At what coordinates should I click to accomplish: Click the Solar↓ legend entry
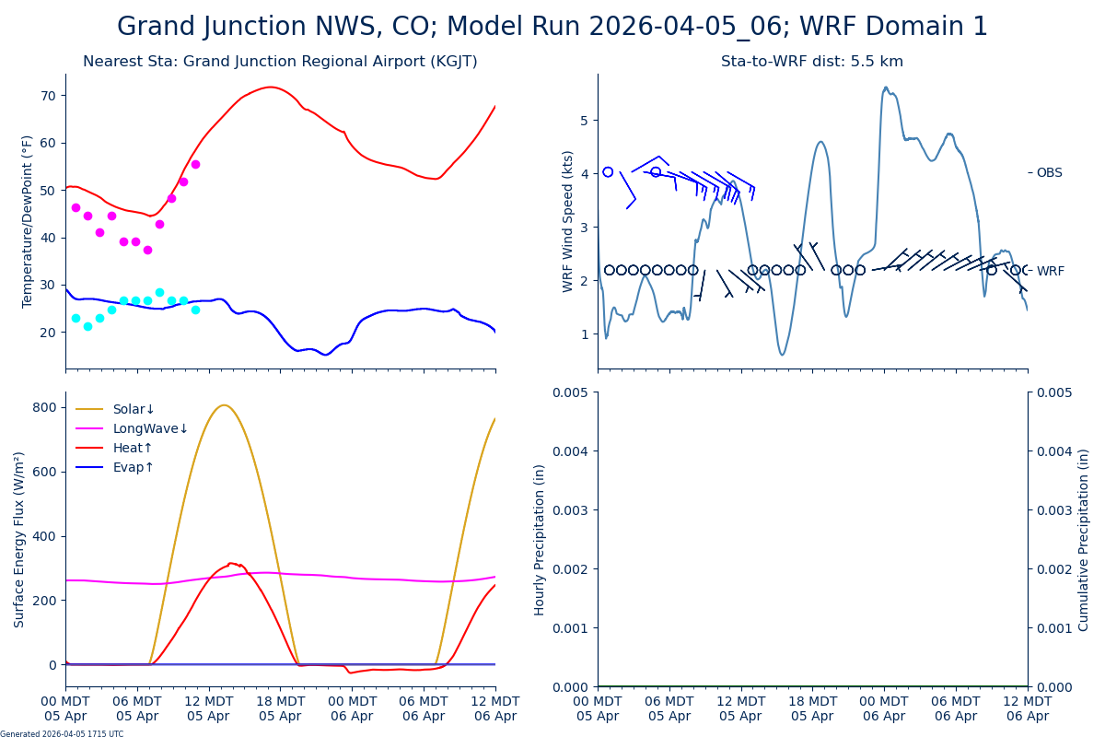(x=134, y=409)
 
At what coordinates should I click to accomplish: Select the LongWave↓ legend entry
(x=150, y=428)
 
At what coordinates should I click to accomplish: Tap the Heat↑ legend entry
(x=133, y=448)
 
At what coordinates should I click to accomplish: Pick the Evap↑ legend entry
(x=134, y=467)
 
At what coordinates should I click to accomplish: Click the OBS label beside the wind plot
(x=1049, y=172)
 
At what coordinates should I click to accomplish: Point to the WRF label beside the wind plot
(x=1050, y=271)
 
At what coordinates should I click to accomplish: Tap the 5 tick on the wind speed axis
(x=584, y=120)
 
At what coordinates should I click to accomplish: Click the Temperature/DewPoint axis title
(x=28, y=221)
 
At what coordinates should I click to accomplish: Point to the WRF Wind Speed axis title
(x=568, y=221)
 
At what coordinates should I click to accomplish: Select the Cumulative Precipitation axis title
(x=1084, y=539)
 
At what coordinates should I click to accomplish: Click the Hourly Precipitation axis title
(x=540, y=539)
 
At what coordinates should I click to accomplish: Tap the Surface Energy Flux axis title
(x=20, y=539)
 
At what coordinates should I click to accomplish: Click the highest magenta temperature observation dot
(x=195, y=164)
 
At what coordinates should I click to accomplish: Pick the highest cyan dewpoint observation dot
(x=159, y=292)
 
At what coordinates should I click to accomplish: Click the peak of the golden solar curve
(x=224, y=404)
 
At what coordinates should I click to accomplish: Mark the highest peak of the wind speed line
(x=886, y=88)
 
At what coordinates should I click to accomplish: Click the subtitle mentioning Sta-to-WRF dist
(x=811, y=62)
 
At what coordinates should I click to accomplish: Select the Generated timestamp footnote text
(x=62, y=733)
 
